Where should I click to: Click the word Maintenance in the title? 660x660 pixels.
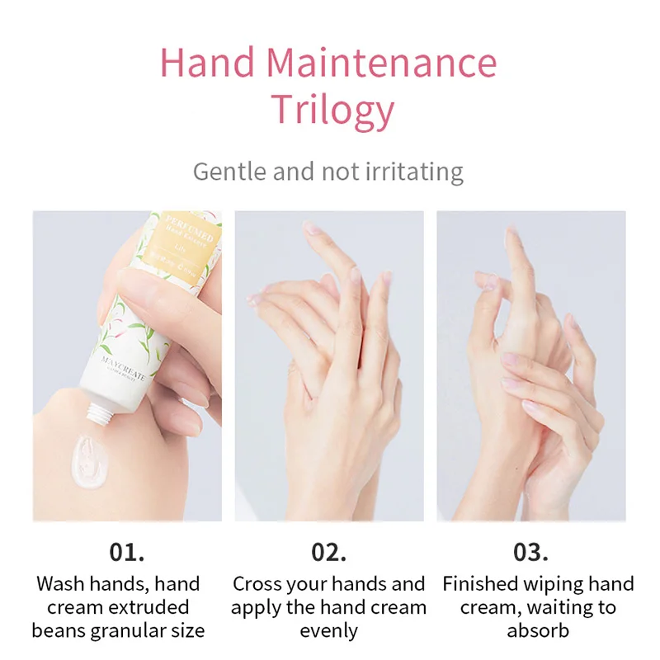(x=382, y=64)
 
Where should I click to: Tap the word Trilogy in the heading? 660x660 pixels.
(x=332, y=111)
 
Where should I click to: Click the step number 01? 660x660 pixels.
(x=127, y=551)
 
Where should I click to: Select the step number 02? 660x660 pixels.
(x=328, y=551)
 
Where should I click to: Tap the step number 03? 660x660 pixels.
(x=530, y=551)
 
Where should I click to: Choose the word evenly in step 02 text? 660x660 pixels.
(x=328, y=631)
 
